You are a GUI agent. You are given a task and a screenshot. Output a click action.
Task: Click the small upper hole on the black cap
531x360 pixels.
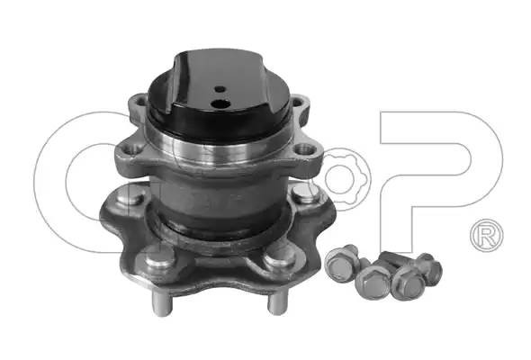220,89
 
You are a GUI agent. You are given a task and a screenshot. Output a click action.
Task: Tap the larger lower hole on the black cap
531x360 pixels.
220,104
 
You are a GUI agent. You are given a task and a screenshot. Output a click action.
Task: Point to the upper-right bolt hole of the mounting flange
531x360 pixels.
297,102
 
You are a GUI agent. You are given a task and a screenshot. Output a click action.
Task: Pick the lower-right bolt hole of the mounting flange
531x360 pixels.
304,149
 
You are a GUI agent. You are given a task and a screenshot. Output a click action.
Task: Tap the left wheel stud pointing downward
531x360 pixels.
162,303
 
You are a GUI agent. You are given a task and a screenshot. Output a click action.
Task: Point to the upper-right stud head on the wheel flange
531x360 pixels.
305,193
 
